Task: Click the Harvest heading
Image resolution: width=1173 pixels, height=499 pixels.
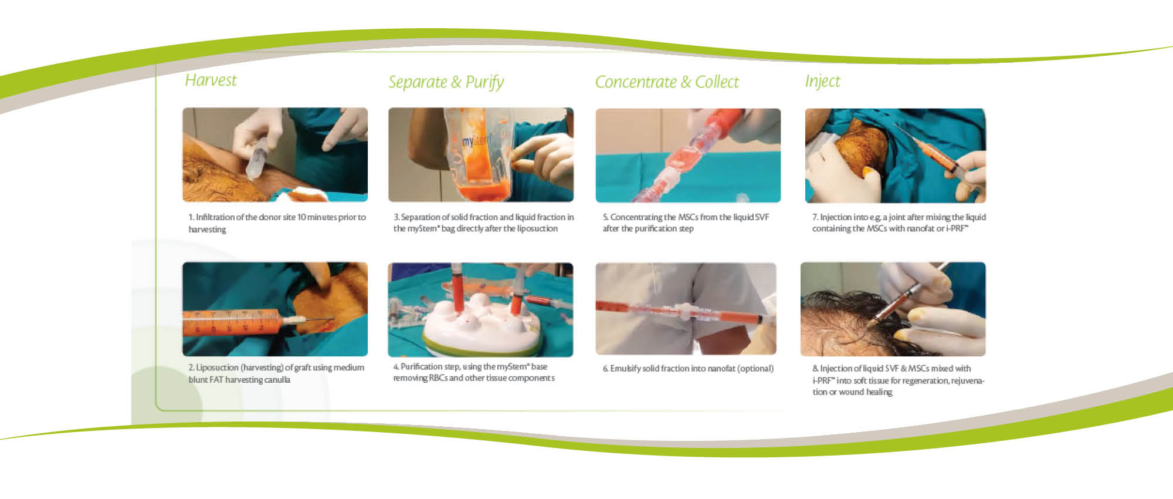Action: (211, 80)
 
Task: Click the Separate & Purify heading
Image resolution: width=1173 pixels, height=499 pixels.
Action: (446, 82)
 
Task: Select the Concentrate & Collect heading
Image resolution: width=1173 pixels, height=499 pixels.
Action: (667, 82)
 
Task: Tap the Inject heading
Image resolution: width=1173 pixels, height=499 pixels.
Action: (822, 81)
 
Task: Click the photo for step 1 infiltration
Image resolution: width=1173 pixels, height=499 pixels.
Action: (275, 155)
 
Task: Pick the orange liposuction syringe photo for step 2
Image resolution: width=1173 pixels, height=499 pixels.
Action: (275, 309)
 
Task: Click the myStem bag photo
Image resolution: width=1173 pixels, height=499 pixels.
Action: (481, 155)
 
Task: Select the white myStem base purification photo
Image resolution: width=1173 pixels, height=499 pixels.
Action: (480, 309)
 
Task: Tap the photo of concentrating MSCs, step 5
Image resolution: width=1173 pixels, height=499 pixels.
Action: (688, 156)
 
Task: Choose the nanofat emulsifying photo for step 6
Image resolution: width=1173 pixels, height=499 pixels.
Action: (686, 309)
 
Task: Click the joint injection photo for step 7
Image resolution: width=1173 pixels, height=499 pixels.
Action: (896, 156)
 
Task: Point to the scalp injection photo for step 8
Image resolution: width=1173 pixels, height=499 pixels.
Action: (893, 309)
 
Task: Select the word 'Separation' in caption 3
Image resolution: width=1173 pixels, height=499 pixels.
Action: (421, 217)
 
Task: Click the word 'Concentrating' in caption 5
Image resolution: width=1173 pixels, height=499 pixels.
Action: (636, 217)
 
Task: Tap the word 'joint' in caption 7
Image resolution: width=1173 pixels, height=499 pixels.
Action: (897, 217)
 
